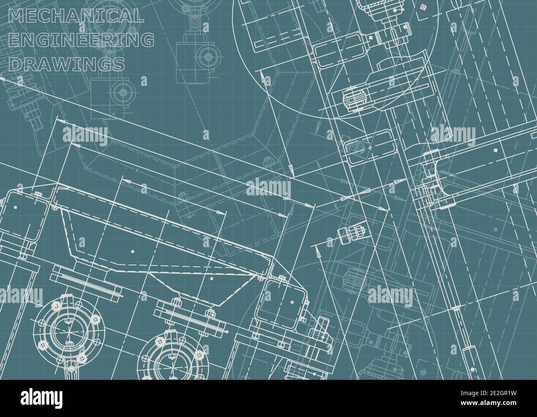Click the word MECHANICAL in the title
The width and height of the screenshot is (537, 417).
(x=76, y=15)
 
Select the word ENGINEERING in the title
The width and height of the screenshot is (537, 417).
(x=81, y=40)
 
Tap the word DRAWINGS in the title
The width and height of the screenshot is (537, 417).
(x=67, y=64)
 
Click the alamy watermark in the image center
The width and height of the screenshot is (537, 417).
(x=268, y=188)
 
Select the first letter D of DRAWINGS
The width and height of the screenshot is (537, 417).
(x=15, y=64)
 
